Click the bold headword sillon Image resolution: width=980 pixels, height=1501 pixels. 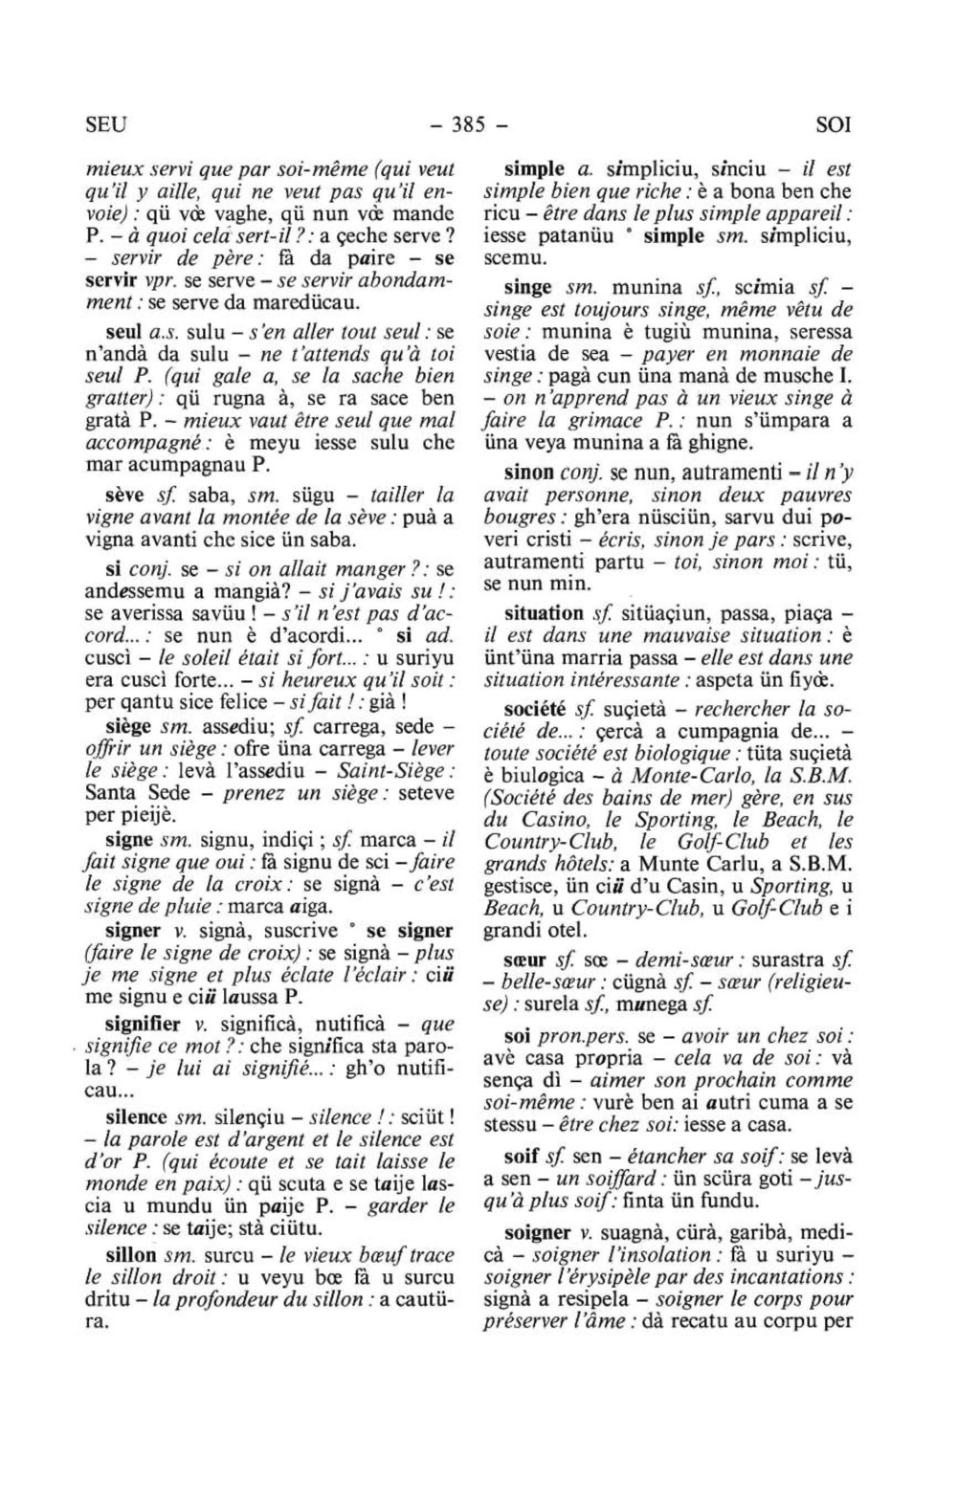pyautogui.click(x=131, y=1254)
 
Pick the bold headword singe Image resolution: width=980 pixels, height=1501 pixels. pyautogui.click(x=528, y=287)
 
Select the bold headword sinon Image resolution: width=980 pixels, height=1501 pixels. pyautogui.click(x=529, y=473)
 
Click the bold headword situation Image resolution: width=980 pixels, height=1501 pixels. pyautogui.click(x=544, y=612)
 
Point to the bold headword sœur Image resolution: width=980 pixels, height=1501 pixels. pyautogui.click(x=525, y=960)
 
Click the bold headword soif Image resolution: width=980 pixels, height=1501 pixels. pyautogui.click(x=522, y=1156)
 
